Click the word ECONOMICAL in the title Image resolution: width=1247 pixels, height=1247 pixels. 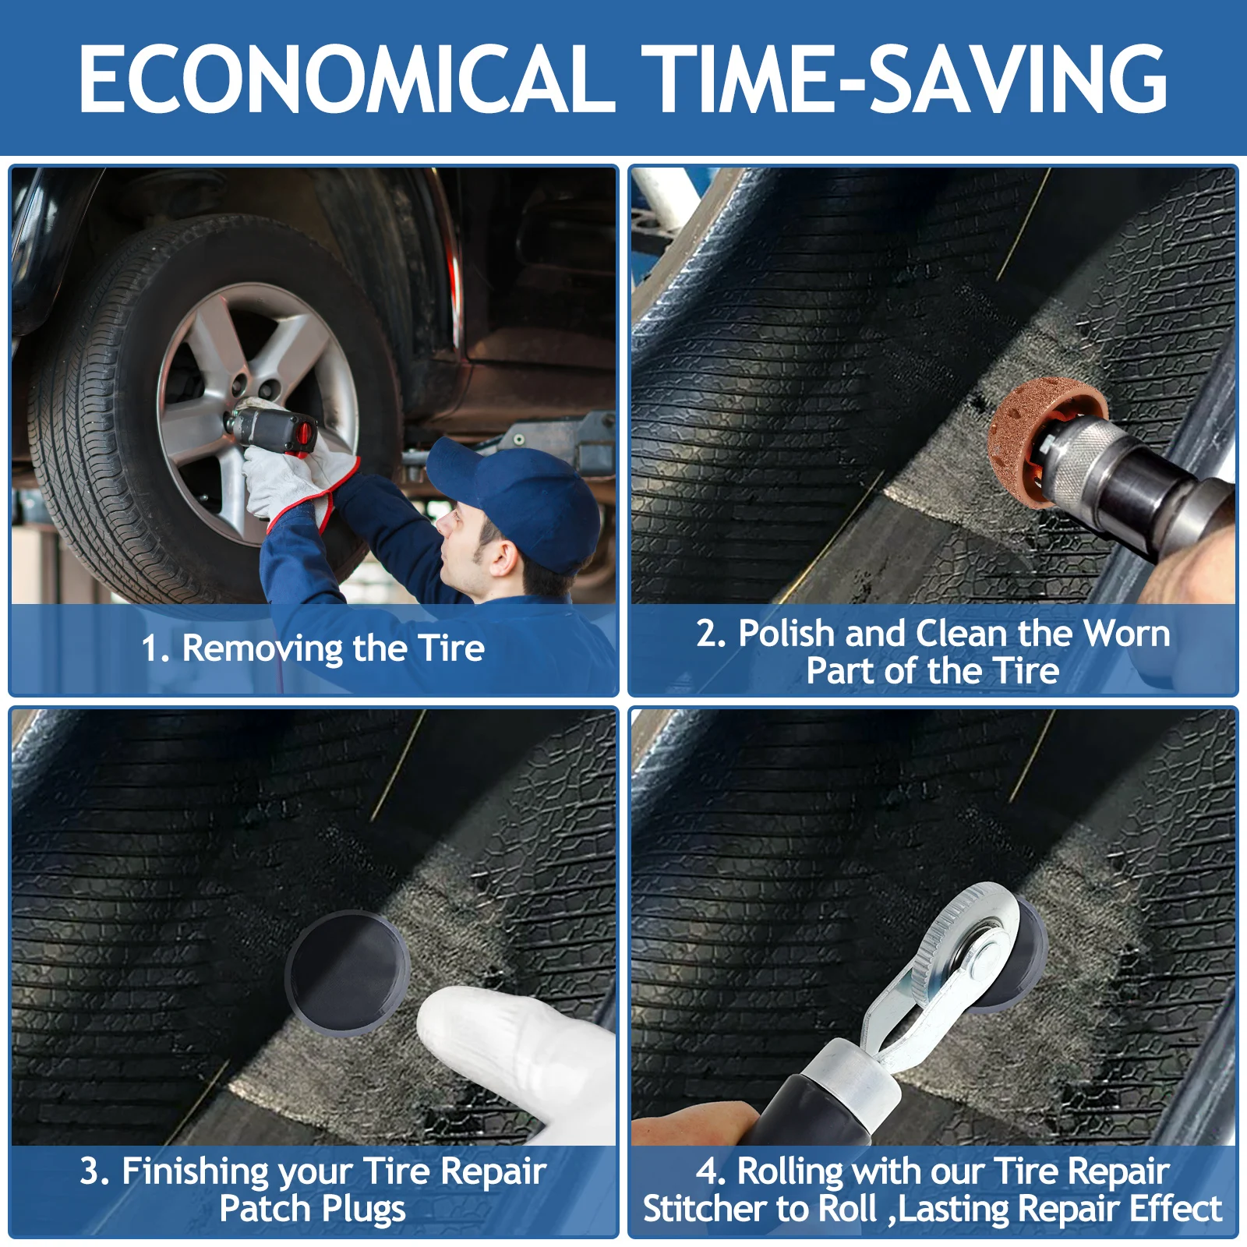(348, 78)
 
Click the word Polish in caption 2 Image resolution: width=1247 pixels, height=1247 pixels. (786, 633)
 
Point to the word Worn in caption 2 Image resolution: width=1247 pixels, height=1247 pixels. (1127, 634)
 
